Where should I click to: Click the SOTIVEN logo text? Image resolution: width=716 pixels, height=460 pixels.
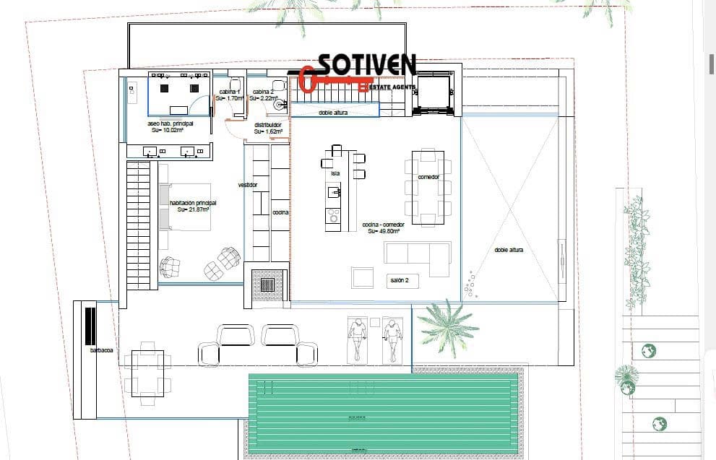[366, 65]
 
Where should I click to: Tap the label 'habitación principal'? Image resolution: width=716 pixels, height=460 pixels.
[193, 204]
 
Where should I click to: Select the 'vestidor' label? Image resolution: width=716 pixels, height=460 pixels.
[248, 186]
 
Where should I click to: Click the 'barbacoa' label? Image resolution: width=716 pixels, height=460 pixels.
[100, 350]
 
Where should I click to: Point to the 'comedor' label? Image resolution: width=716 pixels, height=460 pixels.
[428, 177]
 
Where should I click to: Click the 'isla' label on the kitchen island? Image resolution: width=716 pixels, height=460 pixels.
[335, 173]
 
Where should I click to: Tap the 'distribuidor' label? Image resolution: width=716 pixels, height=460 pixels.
[268, 125]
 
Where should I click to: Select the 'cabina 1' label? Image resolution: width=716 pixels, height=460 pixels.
[230, 92]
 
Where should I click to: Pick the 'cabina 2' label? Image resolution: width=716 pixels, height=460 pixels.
[262, 92]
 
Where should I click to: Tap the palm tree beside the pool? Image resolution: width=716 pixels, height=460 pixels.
[447, 326]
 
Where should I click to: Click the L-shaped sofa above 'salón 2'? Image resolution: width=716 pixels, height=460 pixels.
[418, 257]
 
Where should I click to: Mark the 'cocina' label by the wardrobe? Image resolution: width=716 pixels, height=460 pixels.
[280, 213]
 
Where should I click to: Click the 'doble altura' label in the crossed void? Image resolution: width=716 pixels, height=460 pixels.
[509, 250]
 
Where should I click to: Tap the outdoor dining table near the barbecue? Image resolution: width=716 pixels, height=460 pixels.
[147, 372]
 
